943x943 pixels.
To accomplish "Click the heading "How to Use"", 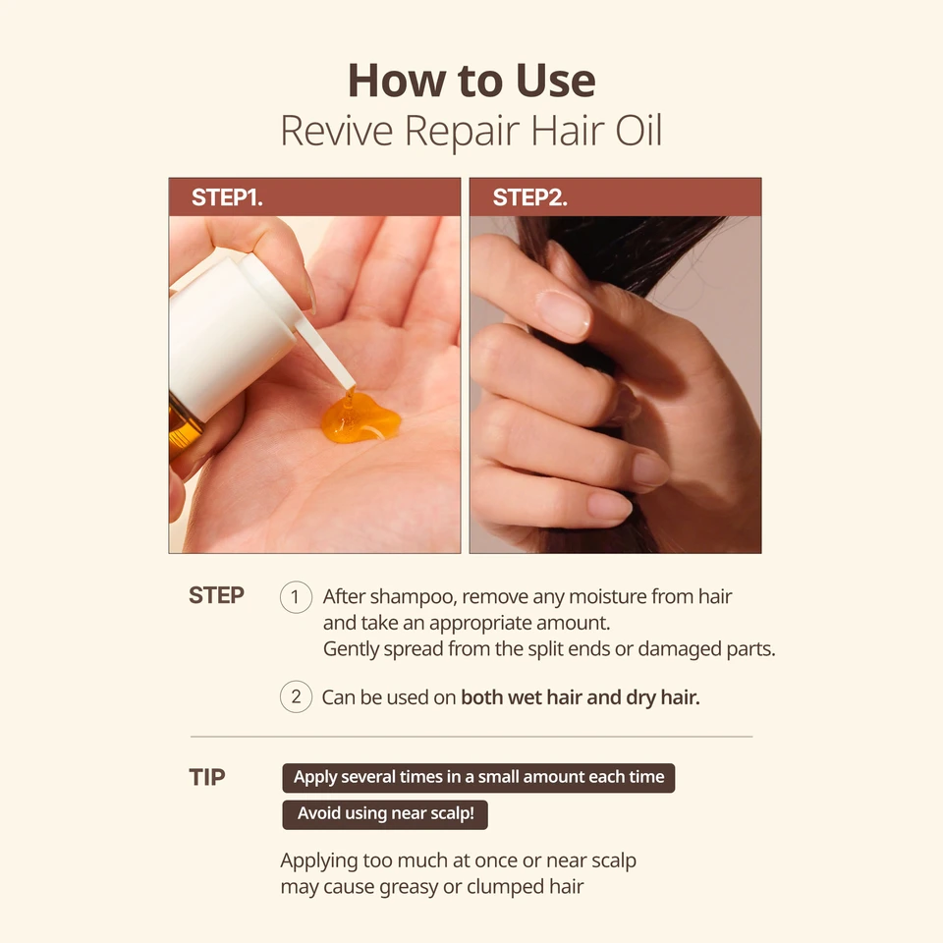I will coord(471,81).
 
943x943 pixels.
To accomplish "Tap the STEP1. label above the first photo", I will coord(227,197).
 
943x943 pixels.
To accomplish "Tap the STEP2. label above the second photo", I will coord(529,197).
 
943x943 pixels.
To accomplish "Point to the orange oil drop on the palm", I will coord(361,418).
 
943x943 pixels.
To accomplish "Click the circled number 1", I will coord(296,597).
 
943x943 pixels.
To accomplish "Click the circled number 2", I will coord(296,697).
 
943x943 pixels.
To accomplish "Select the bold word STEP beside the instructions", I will coord(216,596).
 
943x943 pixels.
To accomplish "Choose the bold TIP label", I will coord(207,777).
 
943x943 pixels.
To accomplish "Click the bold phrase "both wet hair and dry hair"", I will coord(580,697).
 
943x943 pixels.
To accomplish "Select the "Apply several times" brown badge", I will coord(478,777).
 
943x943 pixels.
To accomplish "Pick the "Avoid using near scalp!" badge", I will coord(385,814).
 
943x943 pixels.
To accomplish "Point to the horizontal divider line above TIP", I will coord(471,736).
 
